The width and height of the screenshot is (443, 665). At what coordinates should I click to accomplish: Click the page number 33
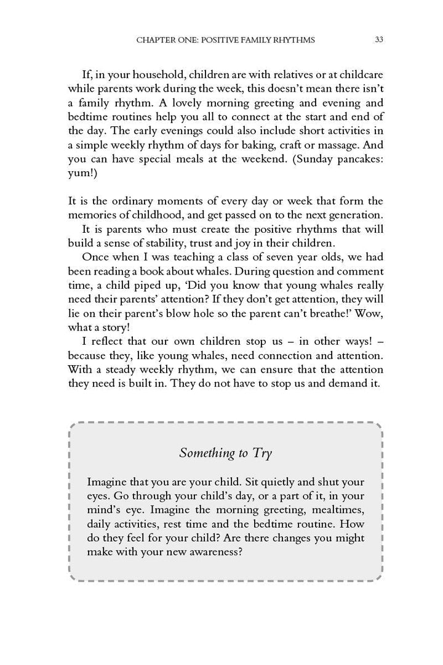379,40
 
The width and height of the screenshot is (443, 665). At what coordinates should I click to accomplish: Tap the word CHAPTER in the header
153,40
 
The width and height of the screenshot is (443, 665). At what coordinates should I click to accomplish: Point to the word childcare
357,75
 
